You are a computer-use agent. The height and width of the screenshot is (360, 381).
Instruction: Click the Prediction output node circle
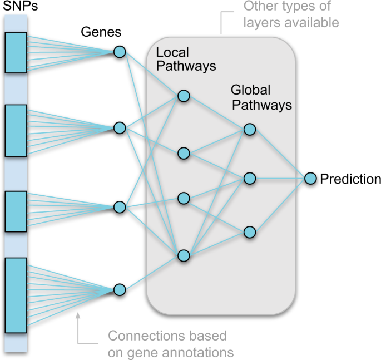[310, 179]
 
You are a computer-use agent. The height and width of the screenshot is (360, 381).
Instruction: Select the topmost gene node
[120, 52]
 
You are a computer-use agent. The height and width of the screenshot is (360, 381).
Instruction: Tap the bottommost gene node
[120, 290]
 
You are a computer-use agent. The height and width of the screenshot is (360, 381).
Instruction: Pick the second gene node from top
[120, 128]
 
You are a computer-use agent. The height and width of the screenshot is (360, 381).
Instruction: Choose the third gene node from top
[120, 207]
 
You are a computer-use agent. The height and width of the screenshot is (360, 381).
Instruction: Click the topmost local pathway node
[184, 96]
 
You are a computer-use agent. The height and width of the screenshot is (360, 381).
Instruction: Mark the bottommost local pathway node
[184, 256]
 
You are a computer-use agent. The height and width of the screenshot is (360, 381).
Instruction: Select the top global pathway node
[249, 130]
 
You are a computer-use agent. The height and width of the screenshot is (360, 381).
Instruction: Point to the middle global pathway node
[249, 179]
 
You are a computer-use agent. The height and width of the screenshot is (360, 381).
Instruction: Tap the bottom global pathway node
[249, 232]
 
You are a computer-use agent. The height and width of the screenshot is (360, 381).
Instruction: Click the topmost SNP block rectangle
[16, 53]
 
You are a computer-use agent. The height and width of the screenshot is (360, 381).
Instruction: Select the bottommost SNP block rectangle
[16, 295]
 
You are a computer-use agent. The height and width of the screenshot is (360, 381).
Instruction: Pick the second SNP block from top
[16, 130]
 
